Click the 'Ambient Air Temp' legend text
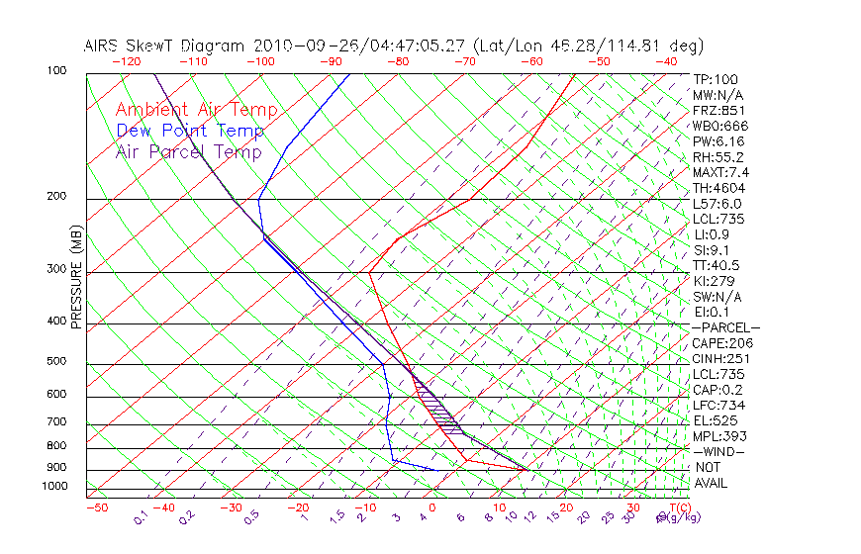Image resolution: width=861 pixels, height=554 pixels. (196, 110)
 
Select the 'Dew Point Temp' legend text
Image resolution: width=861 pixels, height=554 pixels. (189, 131)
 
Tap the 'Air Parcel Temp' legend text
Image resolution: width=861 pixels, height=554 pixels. (188, 151)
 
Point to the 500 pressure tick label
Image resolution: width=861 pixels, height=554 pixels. (56, 361)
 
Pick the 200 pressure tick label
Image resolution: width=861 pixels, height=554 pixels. (56, 197)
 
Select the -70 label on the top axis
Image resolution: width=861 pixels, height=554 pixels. (464, 61)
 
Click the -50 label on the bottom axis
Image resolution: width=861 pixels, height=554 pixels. (96, 508)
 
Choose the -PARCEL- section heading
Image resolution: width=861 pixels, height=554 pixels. (726, 327)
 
